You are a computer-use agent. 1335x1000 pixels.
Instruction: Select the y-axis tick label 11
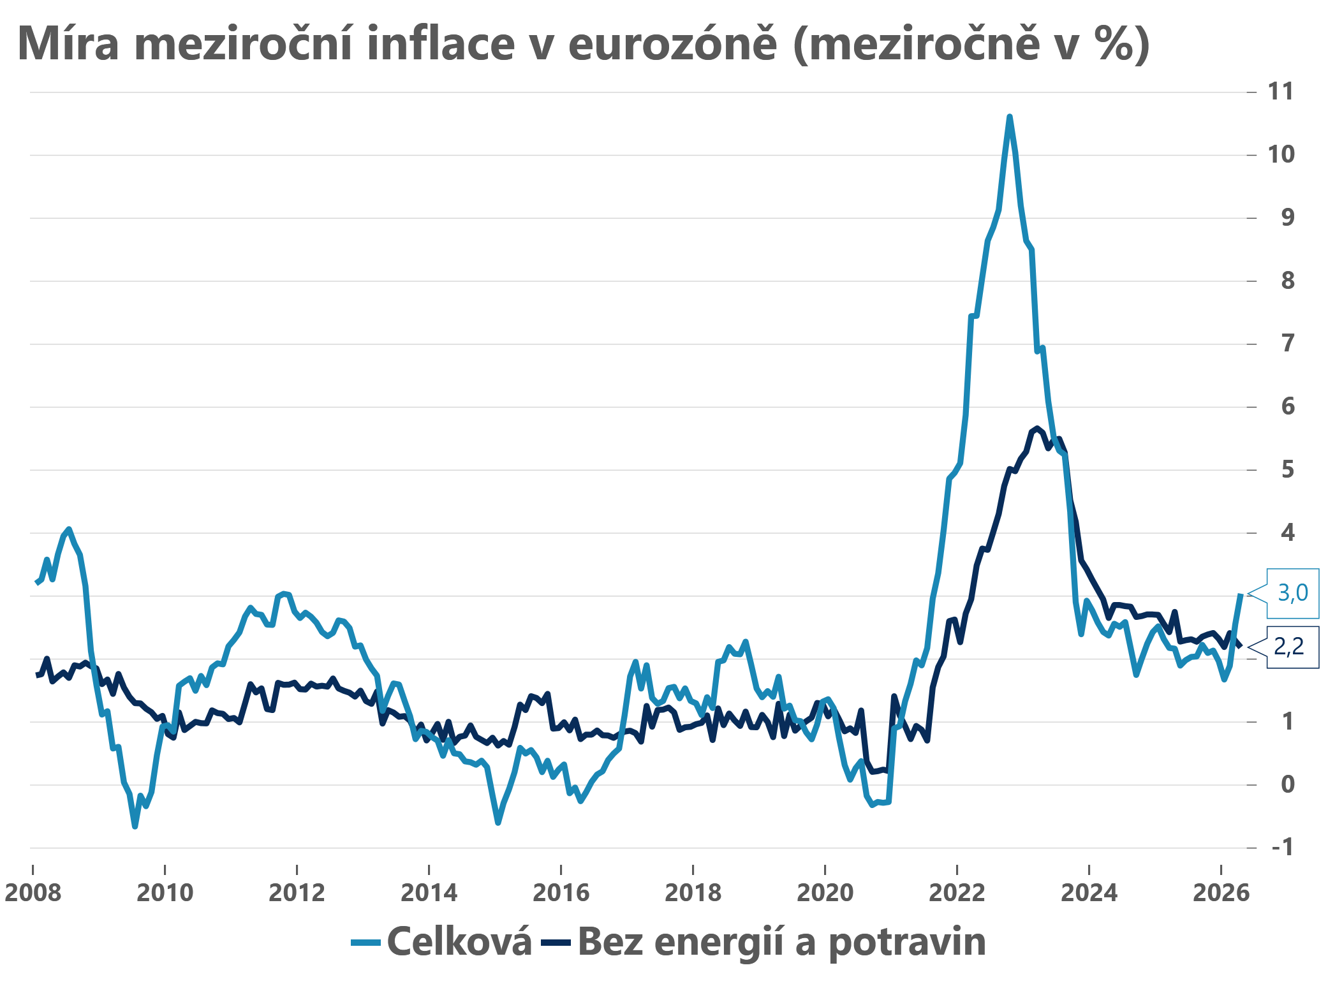click(x=1281, y=92)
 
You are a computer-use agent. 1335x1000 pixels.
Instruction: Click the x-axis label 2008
click(x=33, y=892)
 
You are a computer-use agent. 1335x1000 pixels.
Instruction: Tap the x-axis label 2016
click(x=561, y=892)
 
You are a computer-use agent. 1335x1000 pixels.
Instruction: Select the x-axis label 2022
click(x=957, y=892)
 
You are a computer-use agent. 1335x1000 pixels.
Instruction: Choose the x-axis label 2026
click(x=1221, y=892)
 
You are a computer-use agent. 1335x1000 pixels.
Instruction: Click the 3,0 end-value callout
click(x=1292, y=593)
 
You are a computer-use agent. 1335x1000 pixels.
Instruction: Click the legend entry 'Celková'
click(x=459, y=941)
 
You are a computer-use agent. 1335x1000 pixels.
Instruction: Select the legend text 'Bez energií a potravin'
click(x=781, y=941)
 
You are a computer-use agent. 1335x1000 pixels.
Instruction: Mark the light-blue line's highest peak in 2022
click(x=1009, y=117)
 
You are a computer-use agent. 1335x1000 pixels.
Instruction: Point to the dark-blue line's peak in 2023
click(x=1037, y=428)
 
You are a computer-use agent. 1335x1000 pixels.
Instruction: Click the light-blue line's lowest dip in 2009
click(x=135, y=827)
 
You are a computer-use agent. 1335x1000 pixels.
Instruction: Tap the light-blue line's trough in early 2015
click(x=498, y=823)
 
